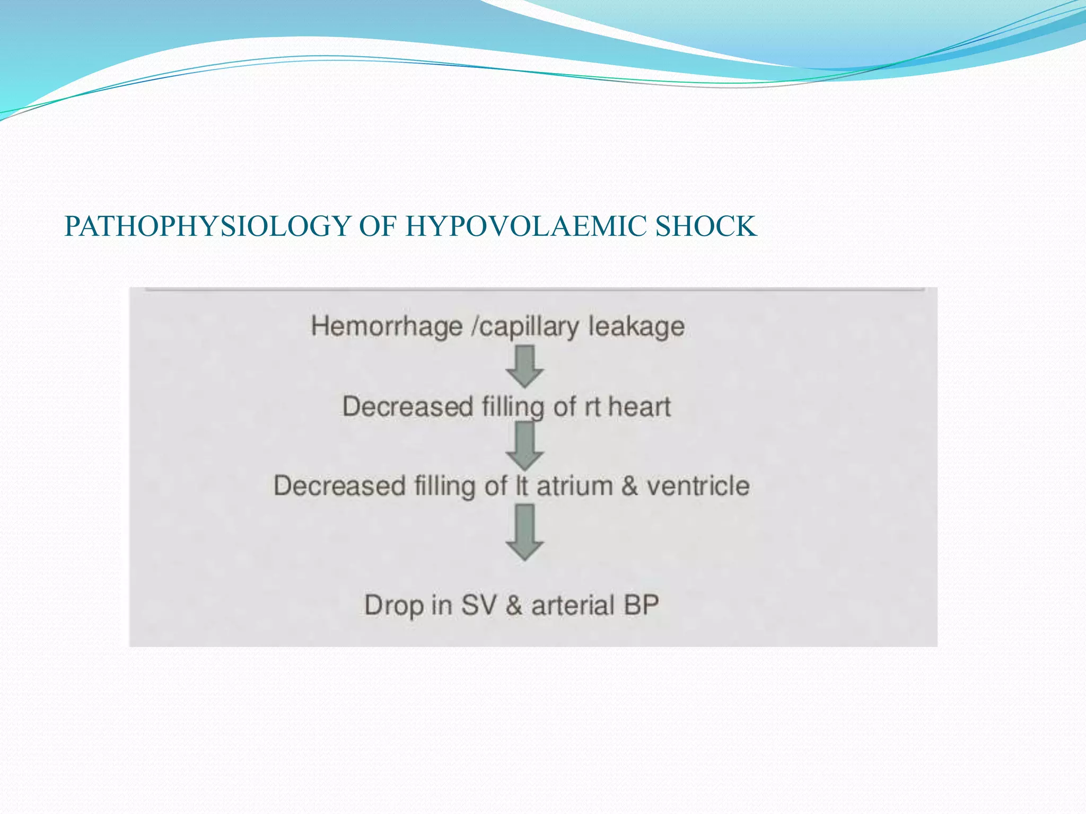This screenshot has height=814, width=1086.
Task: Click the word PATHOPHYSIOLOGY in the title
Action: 207,226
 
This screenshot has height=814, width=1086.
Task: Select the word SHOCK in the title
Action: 706,226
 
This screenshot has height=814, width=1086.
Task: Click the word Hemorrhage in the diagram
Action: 387,326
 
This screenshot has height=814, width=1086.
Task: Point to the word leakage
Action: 636,326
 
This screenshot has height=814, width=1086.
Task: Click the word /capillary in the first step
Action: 525,326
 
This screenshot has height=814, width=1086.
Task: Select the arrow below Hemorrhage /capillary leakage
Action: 524,366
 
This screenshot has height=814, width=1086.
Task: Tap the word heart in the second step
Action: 639,406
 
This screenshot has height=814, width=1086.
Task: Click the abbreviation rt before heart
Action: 592,406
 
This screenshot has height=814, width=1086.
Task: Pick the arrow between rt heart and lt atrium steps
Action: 524,447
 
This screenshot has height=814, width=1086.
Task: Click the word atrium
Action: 574,486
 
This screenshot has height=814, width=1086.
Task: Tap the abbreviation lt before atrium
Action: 522,486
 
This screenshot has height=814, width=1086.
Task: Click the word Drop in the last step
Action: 393,605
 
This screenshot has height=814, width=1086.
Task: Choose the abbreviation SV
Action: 479,605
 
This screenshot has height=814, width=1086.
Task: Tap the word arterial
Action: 573,605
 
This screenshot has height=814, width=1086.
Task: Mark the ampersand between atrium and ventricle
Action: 629,486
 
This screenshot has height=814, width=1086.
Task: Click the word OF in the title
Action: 378,226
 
